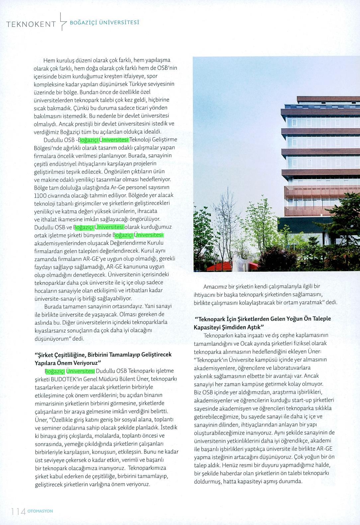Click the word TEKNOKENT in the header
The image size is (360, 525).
tap(31, 24)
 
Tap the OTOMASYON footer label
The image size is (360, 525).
tap(40, 511)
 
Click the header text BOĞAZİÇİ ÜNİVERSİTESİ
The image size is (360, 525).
tap(104, 23)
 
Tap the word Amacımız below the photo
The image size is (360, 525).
tap(215, 286)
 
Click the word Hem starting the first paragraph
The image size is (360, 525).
tap(48, 60)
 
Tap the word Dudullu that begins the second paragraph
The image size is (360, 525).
tap(53, 140)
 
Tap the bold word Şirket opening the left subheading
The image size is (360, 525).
tap(45, 355)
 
